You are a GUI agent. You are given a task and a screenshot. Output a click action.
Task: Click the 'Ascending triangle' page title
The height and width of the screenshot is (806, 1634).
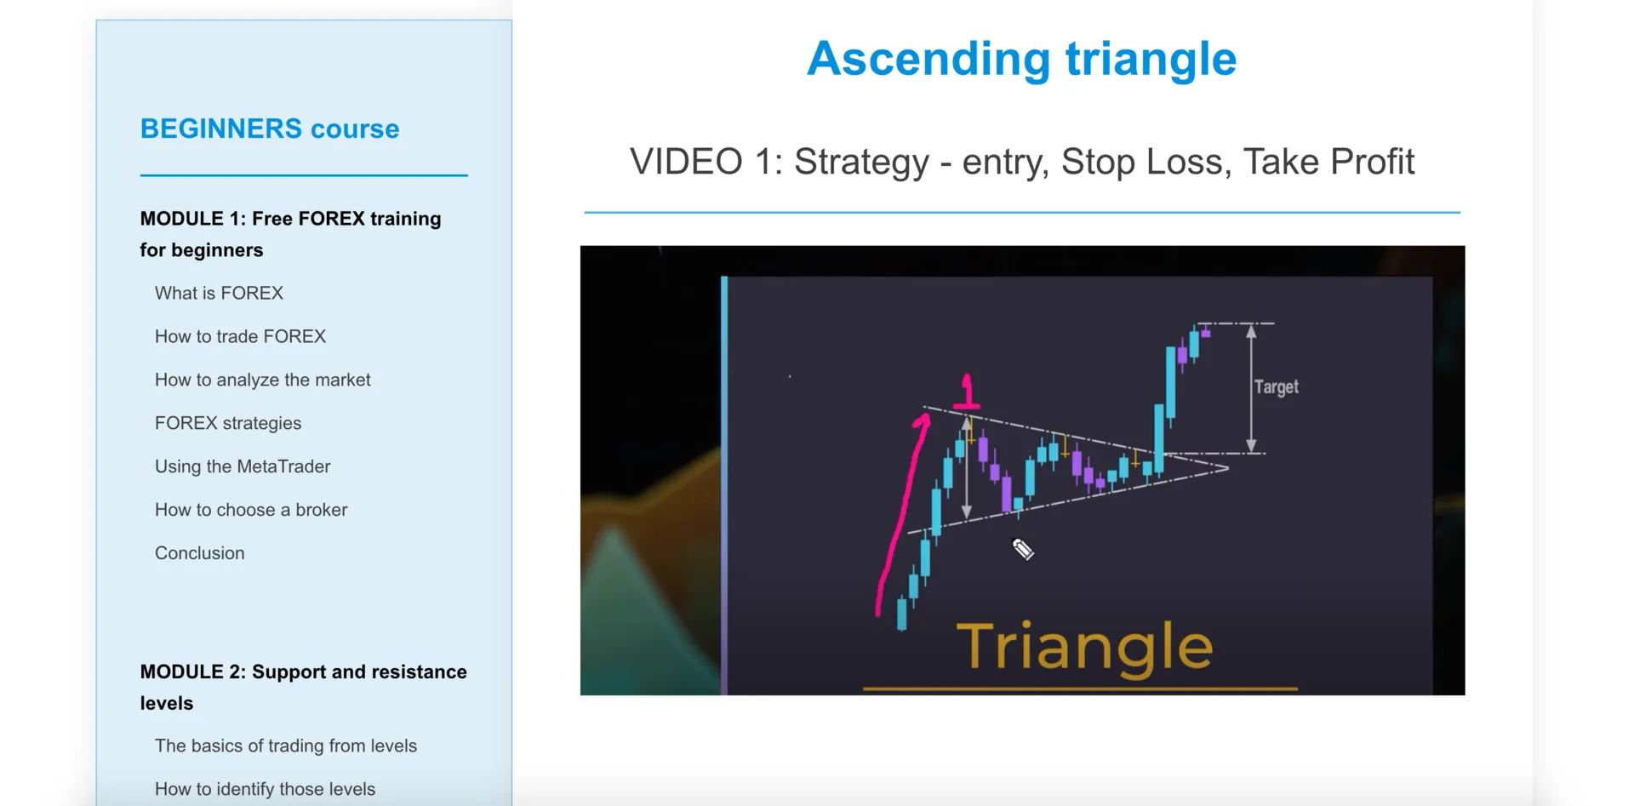[x=1021, y=60]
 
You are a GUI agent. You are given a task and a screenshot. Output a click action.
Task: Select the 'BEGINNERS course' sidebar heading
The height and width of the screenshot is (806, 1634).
[x=270, y=129]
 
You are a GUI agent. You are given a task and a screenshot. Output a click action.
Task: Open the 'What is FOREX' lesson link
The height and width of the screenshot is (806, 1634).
[x=219, y=293]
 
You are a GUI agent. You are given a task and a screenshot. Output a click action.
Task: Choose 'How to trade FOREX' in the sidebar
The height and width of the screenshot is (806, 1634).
[x=240, y=336]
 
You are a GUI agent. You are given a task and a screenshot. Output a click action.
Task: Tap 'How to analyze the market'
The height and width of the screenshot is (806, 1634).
[x=263, y=380]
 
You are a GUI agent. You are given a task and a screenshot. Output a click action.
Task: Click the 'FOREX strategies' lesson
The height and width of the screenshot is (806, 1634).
[x=228, y=423]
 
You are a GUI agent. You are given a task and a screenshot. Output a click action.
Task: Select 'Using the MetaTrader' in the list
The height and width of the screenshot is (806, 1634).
[x=243, y=466]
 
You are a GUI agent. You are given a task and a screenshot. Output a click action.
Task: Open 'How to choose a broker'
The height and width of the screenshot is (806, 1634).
[x=251, y=510]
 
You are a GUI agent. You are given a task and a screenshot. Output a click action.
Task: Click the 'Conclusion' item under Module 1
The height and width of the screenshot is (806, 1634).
[x=200, y=553]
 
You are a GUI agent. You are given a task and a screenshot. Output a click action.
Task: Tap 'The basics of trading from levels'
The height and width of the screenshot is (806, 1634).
[x=286, y=746]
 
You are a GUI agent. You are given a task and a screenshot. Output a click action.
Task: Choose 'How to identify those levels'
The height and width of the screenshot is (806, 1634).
[x=265, y=789]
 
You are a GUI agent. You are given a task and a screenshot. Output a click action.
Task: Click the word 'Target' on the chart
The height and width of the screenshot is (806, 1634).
[x=1277, y=387]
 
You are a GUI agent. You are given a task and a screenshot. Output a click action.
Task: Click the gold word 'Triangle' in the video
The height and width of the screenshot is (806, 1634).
[x=1084, y=649]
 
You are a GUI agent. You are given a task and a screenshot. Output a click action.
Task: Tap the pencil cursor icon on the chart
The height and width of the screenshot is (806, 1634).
[x=1023, y=550]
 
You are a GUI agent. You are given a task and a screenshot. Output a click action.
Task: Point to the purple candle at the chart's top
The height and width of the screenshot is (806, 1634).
[x=1205, y=332]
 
